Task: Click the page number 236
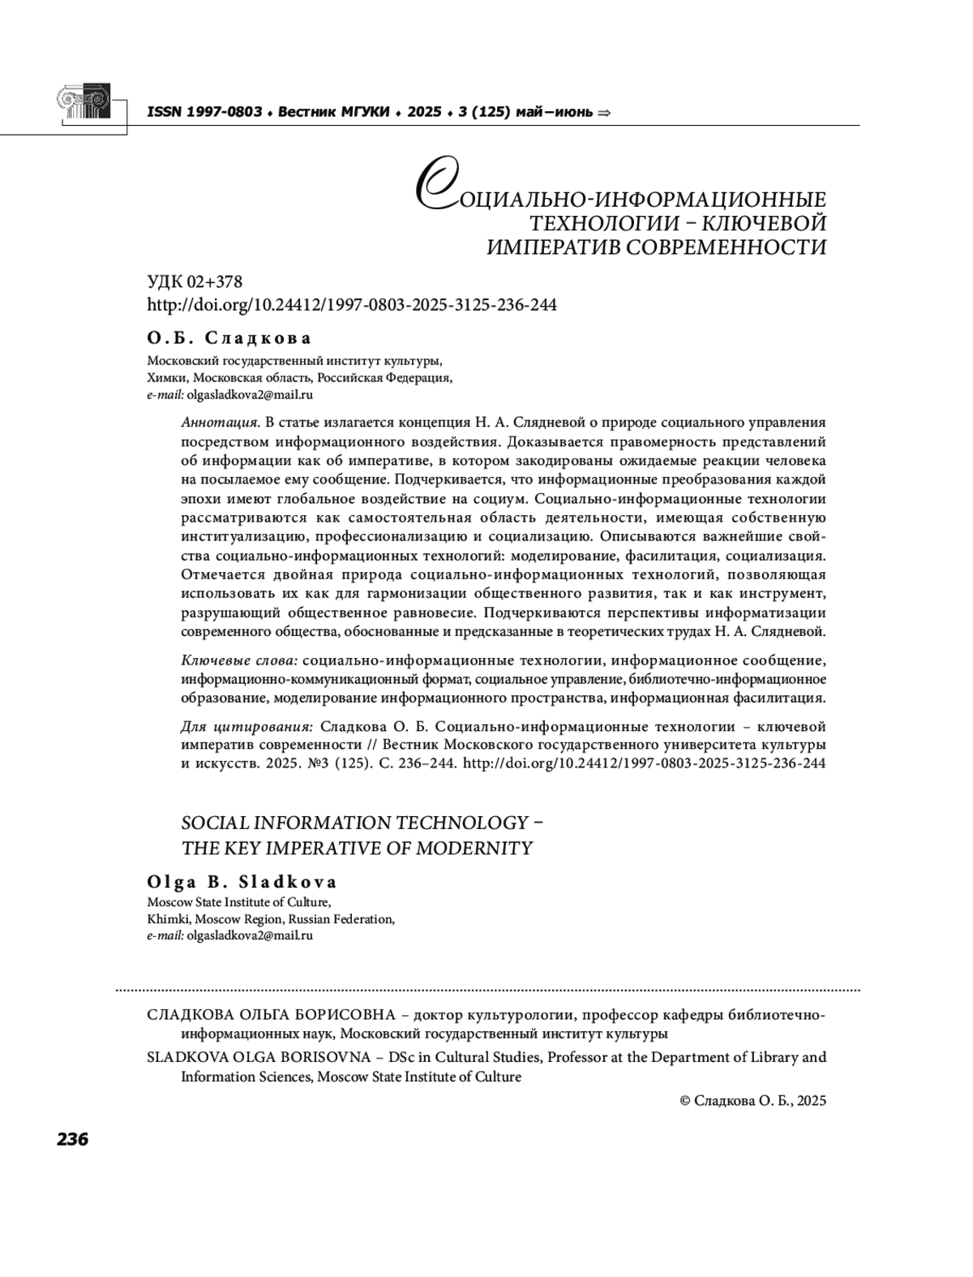pyautogui.click(x=72, y=1138)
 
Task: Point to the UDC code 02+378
pyautogui.click(x=214, y=282)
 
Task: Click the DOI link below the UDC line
pyautogui.click(x=351, y=305)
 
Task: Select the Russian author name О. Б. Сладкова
pyautogui.click(x=229, y=338)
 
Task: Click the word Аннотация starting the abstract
pyautogui.click(x=220, y=422)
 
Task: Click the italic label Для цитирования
pyautogui.click(x=246, y=726)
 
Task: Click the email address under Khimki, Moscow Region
pyautogui.click(x=250, y=935)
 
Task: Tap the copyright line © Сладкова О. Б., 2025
pyautogui.click(x=752, y=1101)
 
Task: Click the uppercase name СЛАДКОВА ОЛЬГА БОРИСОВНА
pyautogui.click(x=271, y=1015)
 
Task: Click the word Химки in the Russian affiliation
pyautogui.click(x=166, y=378)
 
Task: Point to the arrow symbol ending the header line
pyautogui.click(x=603, y=113)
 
